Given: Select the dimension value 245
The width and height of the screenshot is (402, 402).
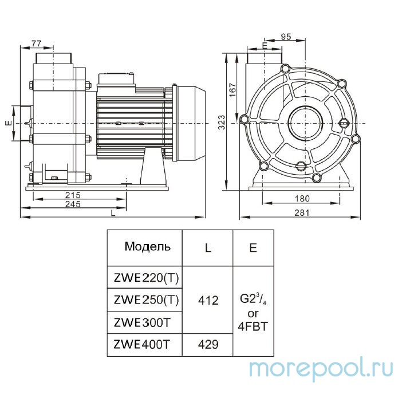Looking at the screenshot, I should [x=72, y=204].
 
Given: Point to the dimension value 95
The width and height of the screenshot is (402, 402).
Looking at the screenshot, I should [x=287, y=37].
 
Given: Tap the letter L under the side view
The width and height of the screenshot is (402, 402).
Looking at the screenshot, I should [x=113, y=214].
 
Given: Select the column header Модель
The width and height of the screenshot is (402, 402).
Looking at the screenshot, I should [x=147, y=247].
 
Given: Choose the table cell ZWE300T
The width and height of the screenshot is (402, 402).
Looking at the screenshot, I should [x=142, y=322].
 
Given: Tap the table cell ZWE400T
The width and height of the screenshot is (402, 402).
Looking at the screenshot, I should [x=142, y=345].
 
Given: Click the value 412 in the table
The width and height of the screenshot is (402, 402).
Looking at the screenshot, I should [x=207, y=299].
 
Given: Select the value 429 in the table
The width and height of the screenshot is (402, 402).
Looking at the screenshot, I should [x=207, y=345].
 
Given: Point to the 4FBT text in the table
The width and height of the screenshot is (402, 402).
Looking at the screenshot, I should [x=253, y=327].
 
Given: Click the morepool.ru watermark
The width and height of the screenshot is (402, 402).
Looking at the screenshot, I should [x=321, y=368].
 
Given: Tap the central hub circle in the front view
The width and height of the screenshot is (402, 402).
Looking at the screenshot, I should [x=302, y=121].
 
